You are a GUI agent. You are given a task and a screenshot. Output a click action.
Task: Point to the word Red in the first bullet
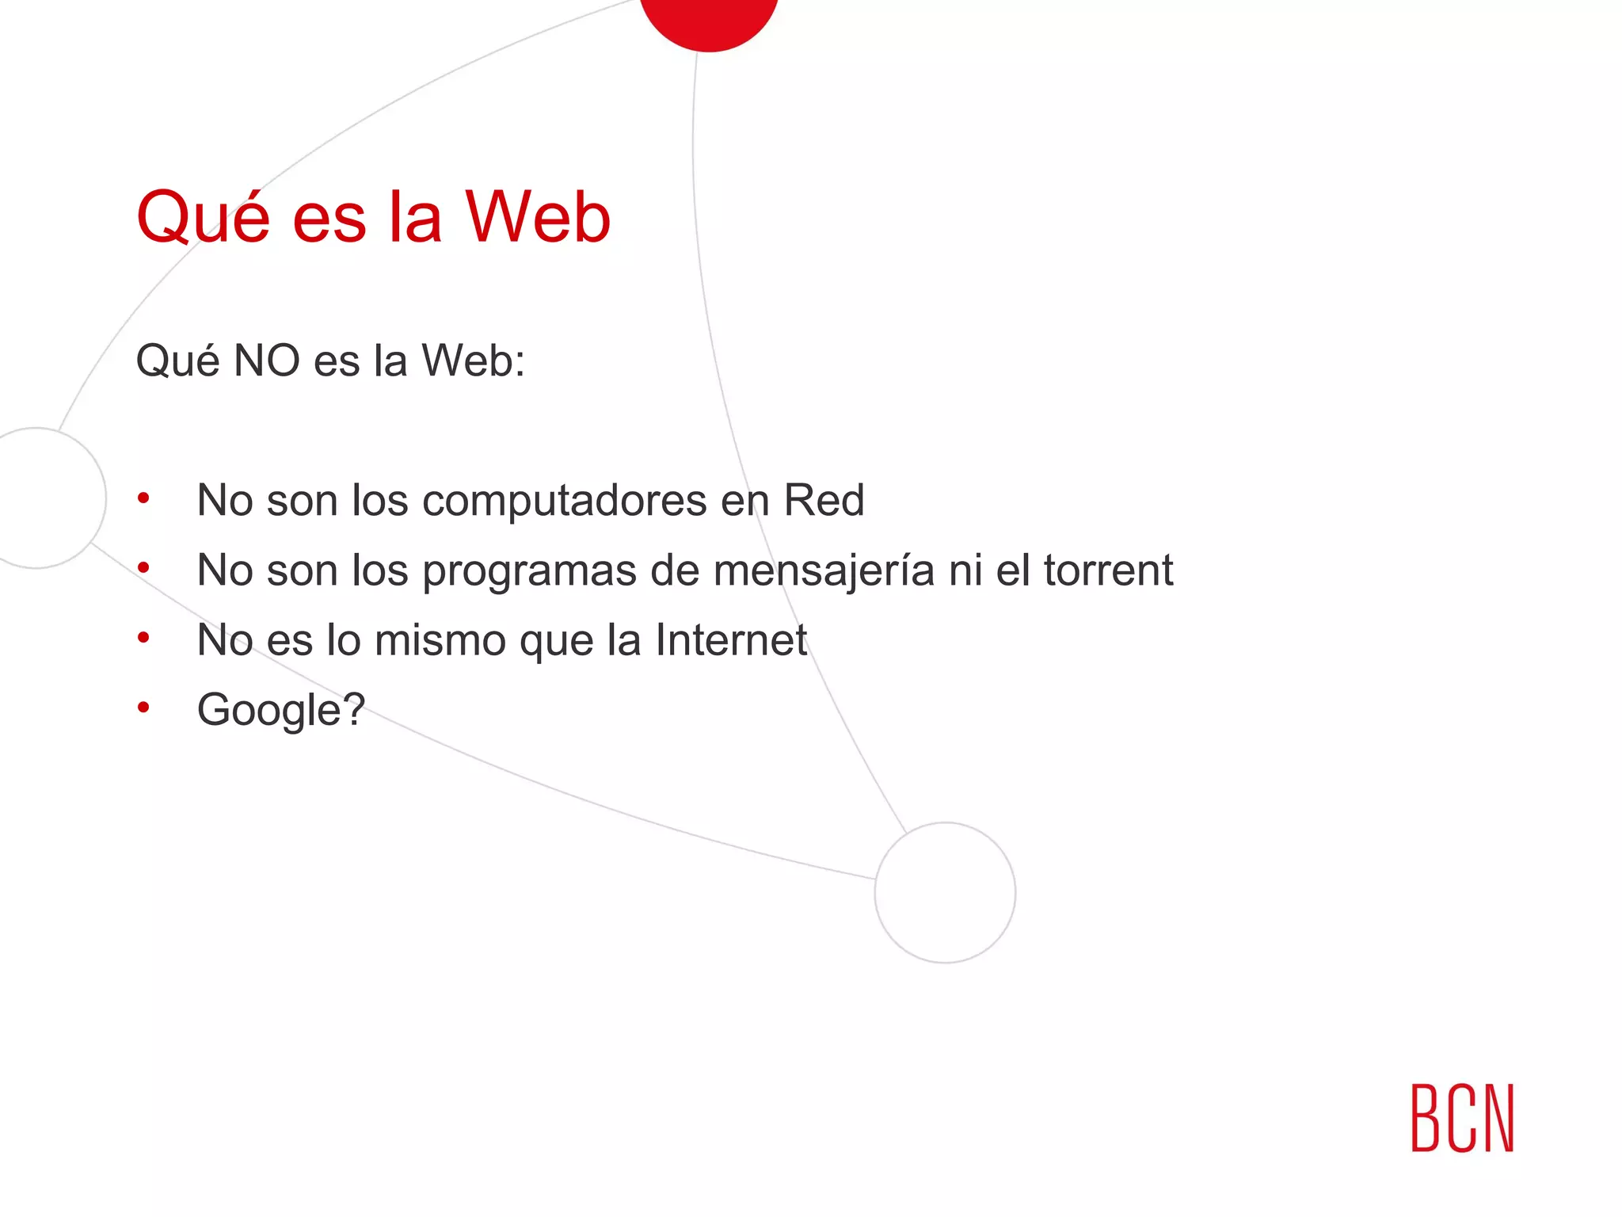click(x=824, y=501)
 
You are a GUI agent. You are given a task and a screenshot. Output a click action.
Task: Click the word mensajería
click(x=824, y=570)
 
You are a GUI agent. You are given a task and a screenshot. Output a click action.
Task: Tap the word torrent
click(x=1108, y=570)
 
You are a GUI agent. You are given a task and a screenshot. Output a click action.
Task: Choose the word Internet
click(x=731, y=640)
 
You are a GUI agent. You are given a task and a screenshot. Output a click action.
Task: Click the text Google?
click(x=281, y=709)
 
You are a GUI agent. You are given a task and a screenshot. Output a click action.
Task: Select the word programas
click(x=529, y=570)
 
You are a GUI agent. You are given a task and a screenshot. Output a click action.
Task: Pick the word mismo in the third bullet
click(x=440, y=640)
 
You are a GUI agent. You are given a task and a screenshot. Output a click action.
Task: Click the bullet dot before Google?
click(x=143, y=707)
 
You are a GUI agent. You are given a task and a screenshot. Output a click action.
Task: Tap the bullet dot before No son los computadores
click(x=143, y=498)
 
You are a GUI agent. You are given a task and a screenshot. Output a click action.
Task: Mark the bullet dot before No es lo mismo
click(x=143, y=637)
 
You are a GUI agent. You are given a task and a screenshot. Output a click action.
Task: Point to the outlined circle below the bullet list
click(x=945, y=892)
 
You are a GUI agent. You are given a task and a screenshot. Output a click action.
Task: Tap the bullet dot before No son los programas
click(x=143, y=567)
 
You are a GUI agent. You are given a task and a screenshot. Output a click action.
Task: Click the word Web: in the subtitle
click(x=473, y=361)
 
